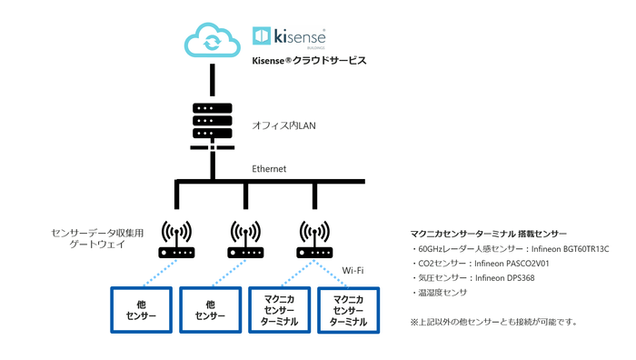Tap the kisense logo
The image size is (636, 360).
(x=289, y=35)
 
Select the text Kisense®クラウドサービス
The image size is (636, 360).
(x=309, y=62)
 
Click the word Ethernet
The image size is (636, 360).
(x=269, y=169)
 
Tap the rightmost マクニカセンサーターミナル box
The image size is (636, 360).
(x=349, y=310)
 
